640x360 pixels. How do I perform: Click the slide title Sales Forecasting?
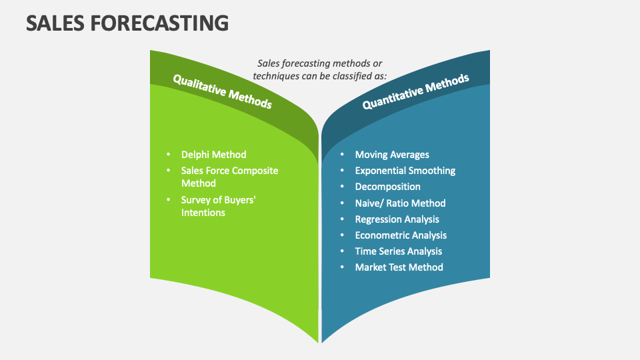pos(127,23)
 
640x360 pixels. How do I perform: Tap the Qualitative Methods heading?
pos(222,91)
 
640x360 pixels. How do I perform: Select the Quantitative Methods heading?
pos(415,91)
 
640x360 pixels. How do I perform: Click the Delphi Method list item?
pos(213,155)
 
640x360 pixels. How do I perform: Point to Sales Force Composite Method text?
pos(229,177)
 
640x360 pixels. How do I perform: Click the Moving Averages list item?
pos(392,155)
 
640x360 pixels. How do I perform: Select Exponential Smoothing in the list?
pos(405,171)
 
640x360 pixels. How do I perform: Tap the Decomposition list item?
pos(387,187)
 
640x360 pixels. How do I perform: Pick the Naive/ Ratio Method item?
pos(400,203)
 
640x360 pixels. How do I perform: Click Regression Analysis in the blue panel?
pos(397,219)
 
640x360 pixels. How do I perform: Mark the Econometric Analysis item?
pos(401,235)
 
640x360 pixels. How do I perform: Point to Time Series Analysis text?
pos(398,251)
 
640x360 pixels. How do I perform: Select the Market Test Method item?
pos(399,267)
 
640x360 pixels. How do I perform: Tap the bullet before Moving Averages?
pos(341,155)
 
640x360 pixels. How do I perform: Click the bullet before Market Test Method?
pos(341,267)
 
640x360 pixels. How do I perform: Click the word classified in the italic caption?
pos(352,76)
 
